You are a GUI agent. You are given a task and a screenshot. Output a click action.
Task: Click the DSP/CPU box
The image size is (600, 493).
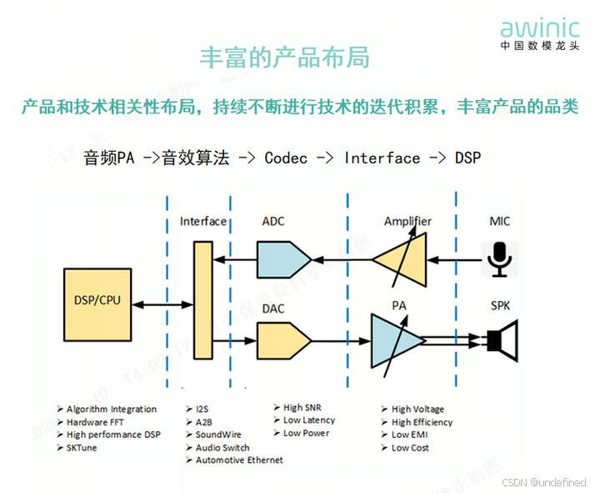(x=97, y=299)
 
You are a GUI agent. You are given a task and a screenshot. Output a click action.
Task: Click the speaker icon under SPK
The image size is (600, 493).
(x=502, y=340)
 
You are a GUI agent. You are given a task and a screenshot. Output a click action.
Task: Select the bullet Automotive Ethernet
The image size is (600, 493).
(x=239, y=460)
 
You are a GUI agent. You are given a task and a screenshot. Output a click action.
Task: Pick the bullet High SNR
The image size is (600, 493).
(x=302, y=407)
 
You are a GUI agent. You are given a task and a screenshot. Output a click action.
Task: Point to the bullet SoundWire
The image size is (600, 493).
(x=218, y=435)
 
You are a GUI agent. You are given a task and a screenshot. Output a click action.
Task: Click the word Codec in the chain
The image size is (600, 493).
(x=286, y=158)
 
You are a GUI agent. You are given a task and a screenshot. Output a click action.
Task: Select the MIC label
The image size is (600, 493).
(x=500, y=221)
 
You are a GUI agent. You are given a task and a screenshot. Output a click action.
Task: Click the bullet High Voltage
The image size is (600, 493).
(x=417, y=409)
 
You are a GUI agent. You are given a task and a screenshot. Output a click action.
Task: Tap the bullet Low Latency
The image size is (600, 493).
(x=309, y=420)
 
